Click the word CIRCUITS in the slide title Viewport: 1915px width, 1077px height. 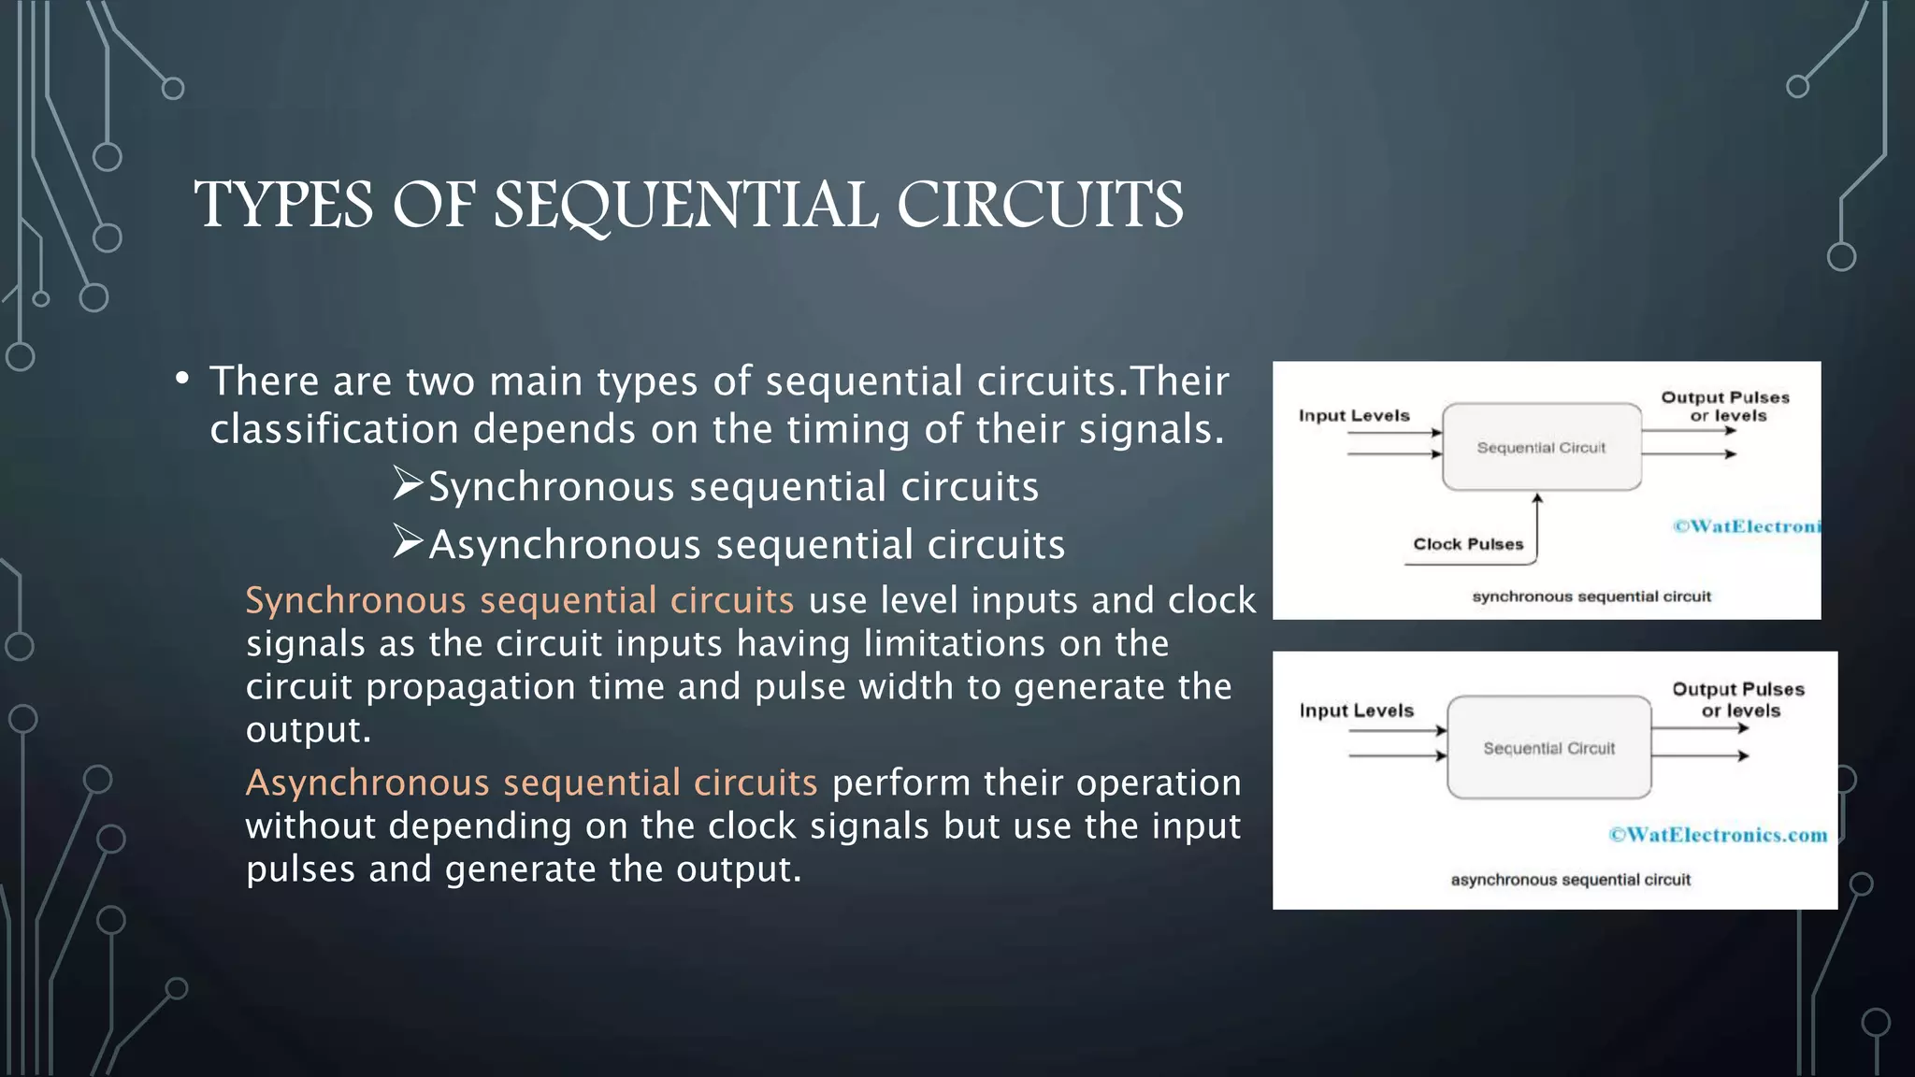[1040, 205]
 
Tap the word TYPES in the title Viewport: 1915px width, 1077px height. [283, 205]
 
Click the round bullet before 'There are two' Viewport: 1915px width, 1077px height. [182, 379]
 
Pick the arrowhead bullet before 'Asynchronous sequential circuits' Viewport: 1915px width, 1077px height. [408, 541]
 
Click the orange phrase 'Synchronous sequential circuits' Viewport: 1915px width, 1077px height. [519, 600]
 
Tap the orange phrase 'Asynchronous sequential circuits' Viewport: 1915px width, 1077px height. [531, 783]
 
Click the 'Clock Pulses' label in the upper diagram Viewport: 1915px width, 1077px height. [1467, 544]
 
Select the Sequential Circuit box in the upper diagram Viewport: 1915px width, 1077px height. [1541, 448]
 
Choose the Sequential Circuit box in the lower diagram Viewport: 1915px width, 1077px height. [1548, 748]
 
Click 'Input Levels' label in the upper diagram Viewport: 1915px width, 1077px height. [1353, 415]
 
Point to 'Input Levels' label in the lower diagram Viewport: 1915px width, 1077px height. [1356, 711]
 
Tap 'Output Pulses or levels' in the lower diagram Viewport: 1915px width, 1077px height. [1738, 699]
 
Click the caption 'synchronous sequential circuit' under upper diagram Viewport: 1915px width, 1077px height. [1591, 596]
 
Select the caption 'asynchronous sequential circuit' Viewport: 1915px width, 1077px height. [1570, 880]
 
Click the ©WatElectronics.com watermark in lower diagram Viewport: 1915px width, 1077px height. [1718, 835]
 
